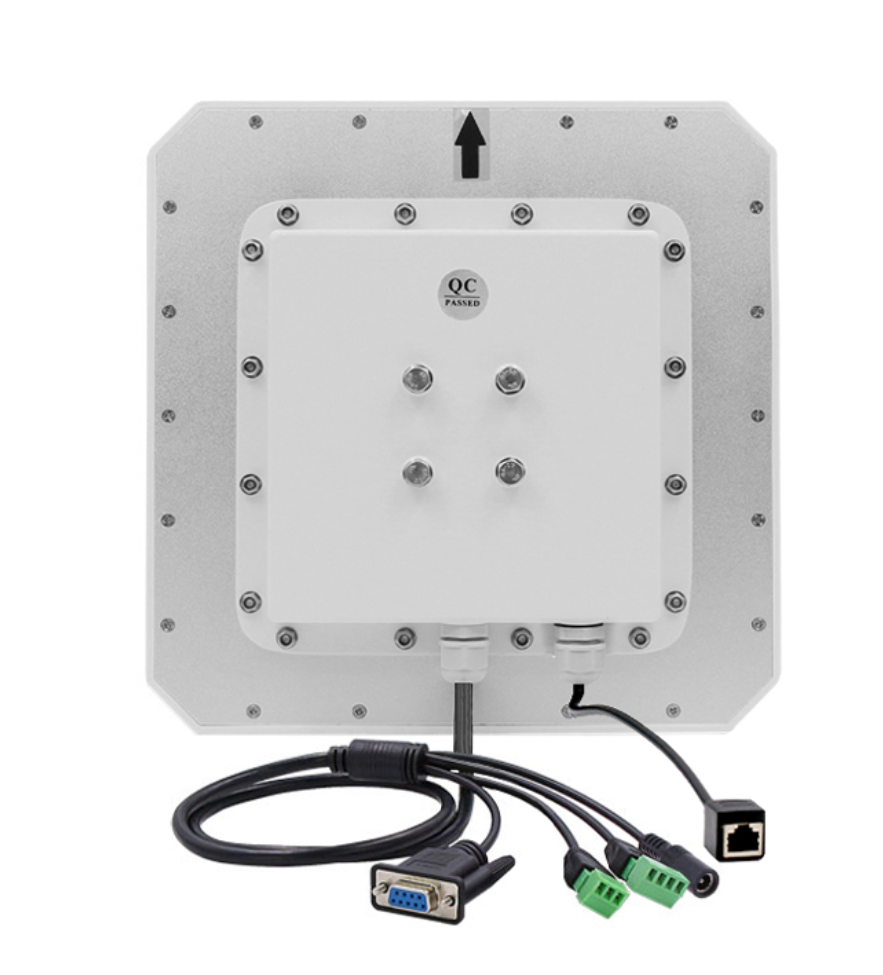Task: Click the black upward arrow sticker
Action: click(471, 144)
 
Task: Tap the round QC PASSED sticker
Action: click(463, 293)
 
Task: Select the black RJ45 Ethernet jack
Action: click(735, 831)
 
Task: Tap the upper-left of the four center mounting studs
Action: click(417, 378)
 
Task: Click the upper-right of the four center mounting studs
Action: click(510, 378)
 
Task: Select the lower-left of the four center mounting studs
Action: click(417, 471)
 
